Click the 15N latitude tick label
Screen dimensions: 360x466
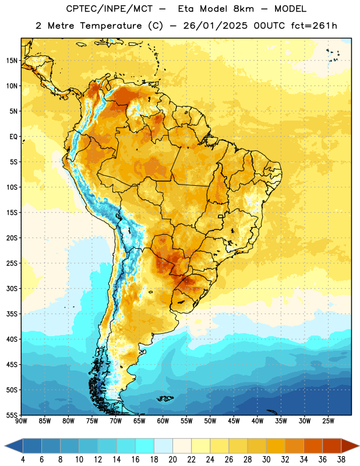tap(12, 61)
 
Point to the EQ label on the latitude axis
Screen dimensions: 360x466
tap(13, 137)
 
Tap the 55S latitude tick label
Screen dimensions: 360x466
tap(12, 415)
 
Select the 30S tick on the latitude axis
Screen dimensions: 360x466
tap(12, 288)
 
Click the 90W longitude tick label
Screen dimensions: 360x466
tap(22, 421)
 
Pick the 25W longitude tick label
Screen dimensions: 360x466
tap(328, 421)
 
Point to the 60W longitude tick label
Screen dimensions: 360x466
tap(163, 421)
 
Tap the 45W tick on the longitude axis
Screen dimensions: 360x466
tap(234, 421)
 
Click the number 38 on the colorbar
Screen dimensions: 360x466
tap(341, 460)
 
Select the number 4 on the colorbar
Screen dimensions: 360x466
tap(23, 460)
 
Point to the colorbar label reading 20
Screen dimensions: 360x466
tap(172, 460)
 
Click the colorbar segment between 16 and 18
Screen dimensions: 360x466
tap(144, 446)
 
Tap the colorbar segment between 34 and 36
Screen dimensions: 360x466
tap(313, 446)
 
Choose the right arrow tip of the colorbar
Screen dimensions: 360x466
tap(359, 446)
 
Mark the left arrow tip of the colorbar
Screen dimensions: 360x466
tap(5, 446)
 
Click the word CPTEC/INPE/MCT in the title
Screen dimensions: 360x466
tap(109, 9)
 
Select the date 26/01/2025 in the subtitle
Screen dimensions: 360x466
tap(215, 26)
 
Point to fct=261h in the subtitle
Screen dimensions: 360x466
tap(314, 26)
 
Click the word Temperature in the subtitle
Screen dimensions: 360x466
tap(111, 26)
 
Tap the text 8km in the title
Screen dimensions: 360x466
tap(243, 9)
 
